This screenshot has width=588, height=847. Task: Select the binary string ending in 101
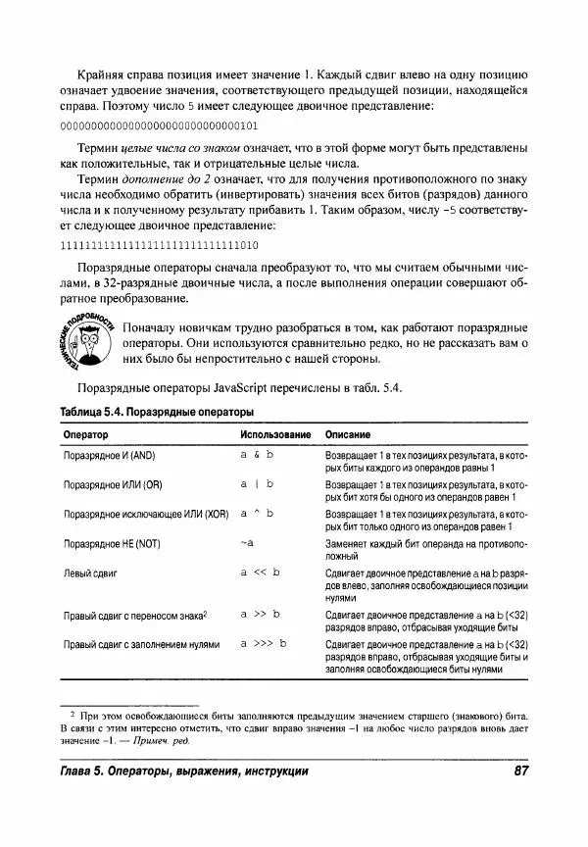tap(159, 126)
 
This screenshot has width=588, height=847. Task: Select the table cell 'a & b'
tap(257, 457)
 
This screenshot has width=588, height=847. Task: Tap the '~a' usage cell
tap(247, 541)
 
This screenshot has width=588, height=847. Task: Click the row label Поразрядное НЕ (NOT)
tap(119, 542)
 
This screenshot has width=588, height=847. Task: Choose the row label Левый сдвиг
tap(92, 571)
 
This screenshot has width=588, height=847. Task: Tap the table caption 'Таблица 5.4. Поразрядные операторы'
tap(156, 412)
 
